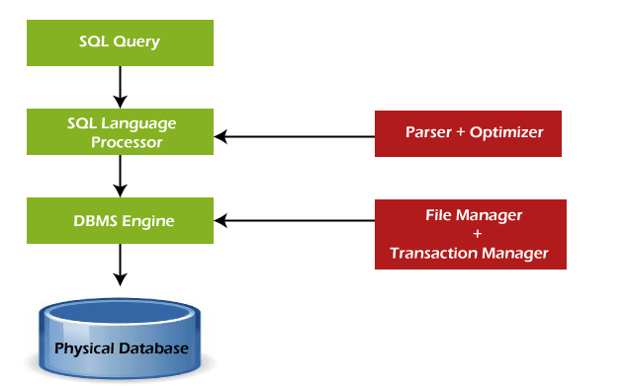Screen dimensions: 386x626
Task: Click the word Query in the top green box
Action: pos(135,42)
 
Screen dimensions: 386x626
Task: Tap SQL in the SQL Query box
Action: pos(94,42)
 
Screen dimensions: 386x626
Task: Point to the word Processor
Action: pos(127,141)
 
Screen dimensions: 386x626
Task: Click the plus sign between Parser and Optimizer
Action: pos(461,132)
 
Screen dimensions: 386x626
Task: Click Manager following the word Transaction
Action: pos(511,254)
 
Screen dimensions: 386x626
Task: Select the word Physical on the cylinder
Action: pos(83,349)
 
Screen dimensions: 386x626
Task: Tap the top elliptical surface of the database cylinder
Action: pos(119,317)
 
